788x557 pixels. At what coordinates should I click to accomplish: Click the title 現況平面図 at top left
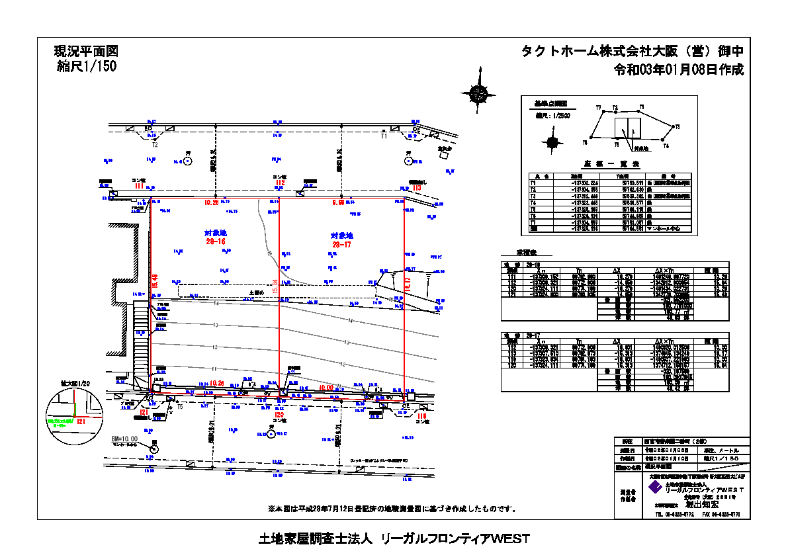click(86, 51)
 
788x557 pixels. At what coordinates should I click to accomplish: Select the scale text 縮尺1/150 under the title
click(87, 66)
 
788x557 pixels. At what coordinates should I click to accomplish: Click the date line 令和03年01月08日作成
click(679, 69)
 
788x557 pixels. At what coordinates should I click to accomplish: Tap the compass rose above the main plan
click(478, 94)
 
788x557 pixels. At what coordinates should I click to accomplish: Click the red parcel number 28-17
click(341, 245)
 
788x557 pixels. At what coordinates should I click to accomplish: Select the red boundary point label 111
click(139, 187)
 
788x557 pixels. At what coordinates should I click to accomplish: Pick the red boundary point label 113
click(416, 188)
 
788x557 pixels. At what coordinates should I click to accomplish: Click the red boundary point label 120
click(279, 415)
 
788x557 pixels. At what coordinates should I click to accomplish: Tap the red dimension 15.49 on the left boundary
click(155, 280)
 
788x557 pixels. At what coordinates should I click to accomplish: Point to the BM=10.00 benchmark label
click(124, 439)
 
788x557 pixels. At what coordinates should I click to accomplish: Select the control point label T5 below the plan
click(179, 407)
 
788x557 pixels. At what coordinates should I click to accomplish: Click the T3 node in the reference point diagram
click(641, 107)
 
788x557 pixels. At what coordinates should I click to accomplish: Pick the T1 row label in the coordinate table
click(533, 183)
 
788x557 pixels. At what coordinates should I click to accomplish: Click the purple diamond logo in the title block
click(655, 487)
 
